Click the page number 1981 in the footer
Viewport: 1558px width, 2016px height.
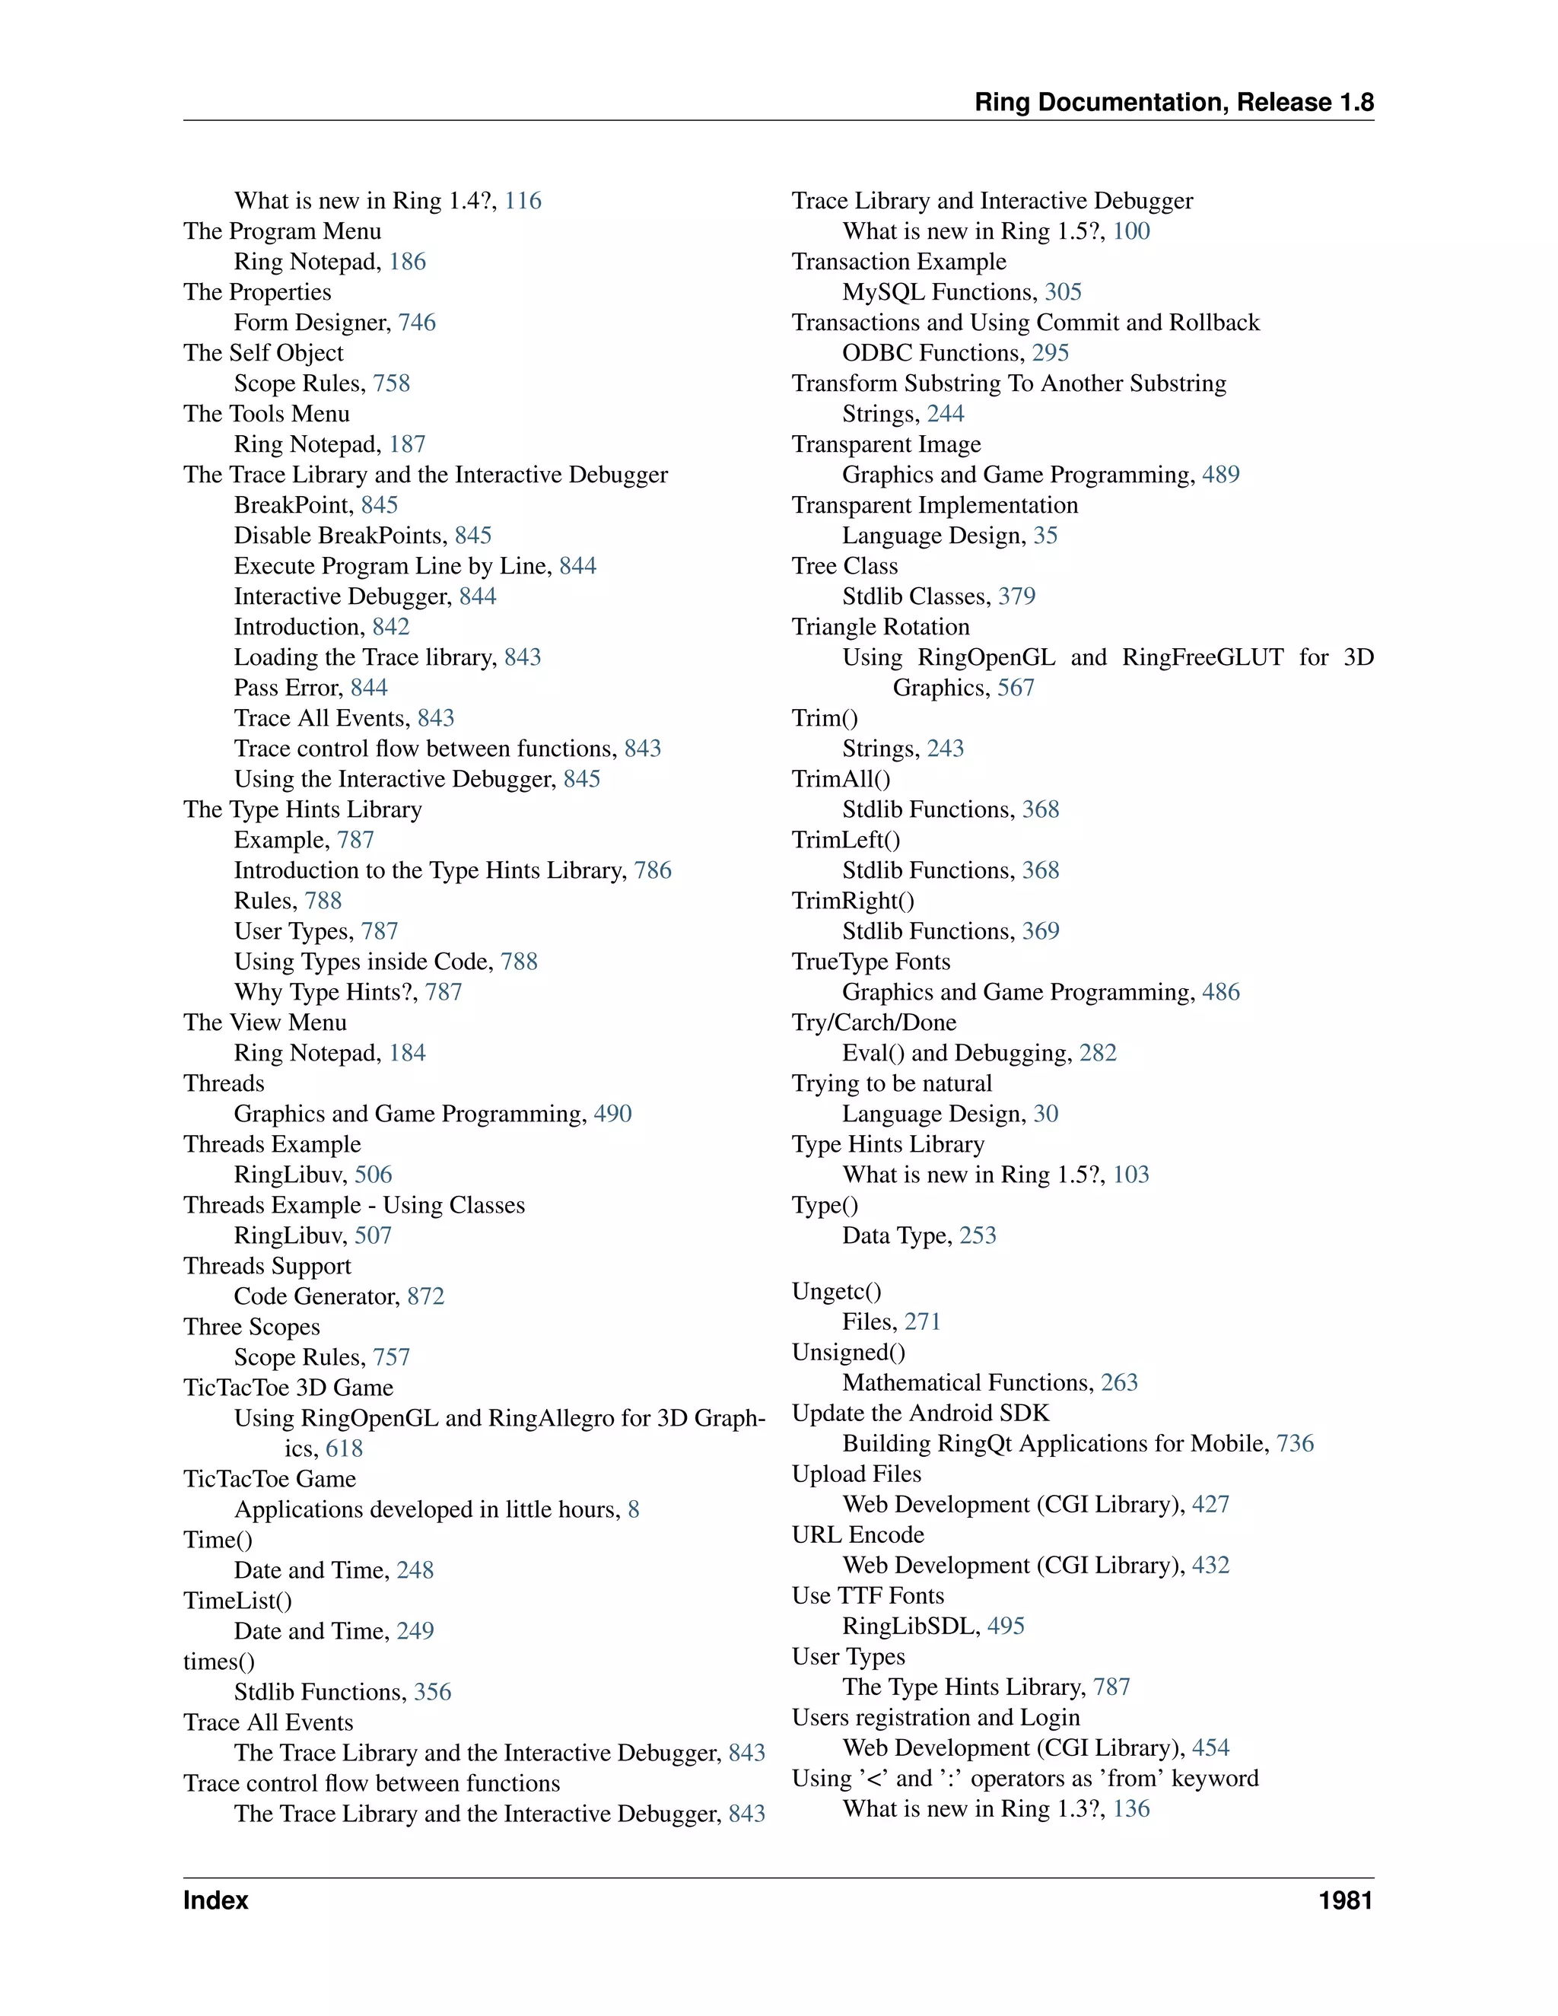point(1345,1900)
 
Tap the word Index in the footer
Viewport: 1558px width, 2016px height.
point(216,1900)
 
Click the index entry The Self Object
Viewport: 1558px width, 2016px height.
point(263,353)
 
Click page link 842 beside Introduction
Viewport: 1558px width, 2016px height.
point(390,627)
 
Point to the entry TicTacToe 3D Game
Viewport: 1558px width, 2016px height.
point(288,1388)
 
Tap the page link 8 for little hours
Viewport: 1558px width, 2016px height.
point(633,1509)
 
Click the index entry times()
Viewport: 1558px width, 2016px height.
point(219,1661)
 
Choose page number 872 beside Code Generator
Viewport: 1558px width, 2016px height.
point(425,1296)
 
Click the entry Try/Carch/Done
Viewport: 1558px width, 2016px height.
point(873,1022)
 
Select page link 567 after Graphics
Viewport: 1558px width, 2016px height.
point(1016,688)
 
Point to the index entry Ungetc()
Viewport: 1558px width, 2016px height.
point(836,1292)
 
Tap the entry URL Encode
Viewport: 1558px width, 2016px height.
point(857,1534)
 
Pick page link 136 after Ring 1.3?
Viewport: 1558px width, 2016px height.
point(1130,1808)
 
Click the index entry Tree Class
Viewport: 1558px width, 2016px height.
point(844,566)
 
